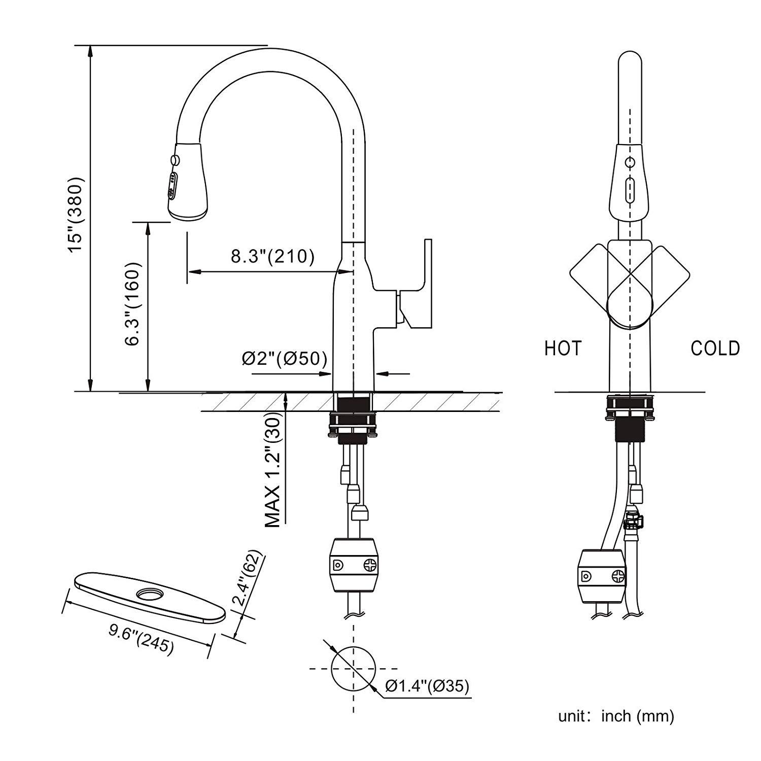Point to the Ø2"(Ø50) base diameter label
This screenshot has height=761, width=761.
[284, 359]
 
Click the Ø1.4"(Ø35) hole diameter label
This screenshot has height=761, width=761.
[427, 686]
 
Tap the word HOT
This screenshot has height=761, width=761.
[563, 349]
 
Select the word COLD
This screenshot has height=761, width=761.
[715, 349]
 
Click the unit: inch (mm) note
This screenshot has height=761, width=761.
[616, 716]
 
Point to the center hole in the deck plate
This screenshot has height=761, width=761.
[149, 593]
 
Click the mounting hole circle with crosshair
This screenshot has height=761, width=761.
[353, 668]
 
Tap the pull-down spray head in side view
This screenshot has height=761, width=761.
[188, 183]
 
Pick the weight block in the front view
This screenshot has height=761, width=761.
[603, 575]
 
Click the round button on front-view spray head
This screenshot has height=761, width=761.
[630, 163]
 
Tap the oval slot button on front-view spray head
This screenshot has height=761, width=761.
[630, 190]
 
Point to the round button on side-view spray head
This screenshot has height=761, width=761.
[176, 160]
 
